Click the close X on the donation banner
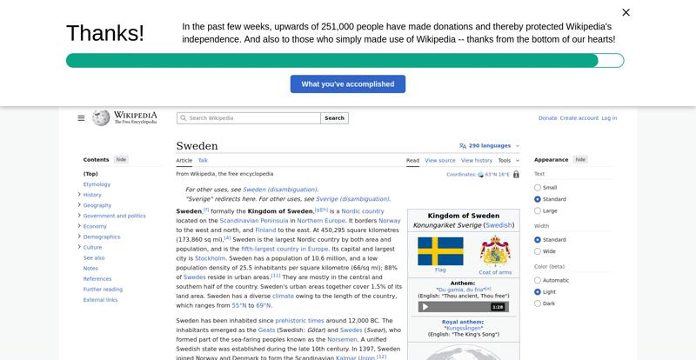626,12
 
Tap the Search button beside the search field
335,118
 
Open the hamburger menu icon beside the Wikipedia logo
81,118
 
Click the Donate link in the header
547,118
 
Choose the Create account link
579,118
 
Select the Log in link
609,118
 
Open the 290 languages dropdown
489,146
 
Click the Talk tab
203,161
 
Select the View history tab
476,161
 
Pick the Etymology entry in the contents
97,184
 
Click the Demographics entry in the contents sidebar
102,237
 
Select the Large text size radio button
538,210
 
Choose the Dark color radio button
538,303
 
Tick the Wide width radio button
538,251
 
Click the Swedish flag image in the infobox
440,251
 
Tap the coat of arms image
495,250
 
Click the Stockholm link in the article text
211,258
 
